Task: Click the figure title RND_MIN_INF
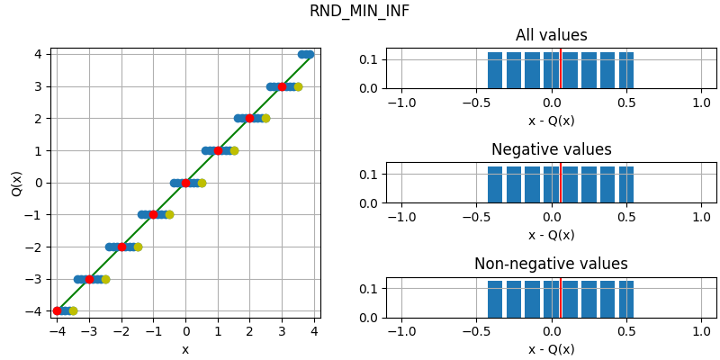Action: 359,12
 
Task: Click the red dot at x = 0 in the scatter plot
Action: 186,183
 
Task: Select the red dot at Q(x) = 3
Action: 282,86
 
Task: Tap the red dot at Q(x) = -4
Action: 58,310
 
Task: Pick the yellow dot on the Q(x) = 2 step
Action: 265,118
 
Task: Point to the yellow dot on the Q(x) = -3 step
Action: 105,279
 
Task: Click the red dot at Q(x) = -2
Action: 121,247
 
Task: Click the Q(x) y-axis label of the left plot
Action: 17,183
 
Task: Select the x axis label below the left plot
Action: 185,349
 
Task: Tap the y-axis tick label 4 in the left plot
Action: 39,54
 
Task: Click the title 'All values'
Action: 551,36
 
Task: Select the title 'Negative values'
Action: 551,150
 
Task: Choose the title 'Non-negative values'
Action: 551,265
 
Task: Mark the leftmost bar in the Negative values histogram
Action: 495,184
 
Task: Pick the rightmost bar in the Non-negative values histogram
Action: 626,299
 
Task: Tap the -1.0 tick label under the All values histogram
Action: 400,103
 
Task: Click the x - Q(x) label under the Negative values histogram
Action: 551,235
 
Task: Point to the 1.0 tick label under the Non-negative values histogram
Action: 702,331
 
